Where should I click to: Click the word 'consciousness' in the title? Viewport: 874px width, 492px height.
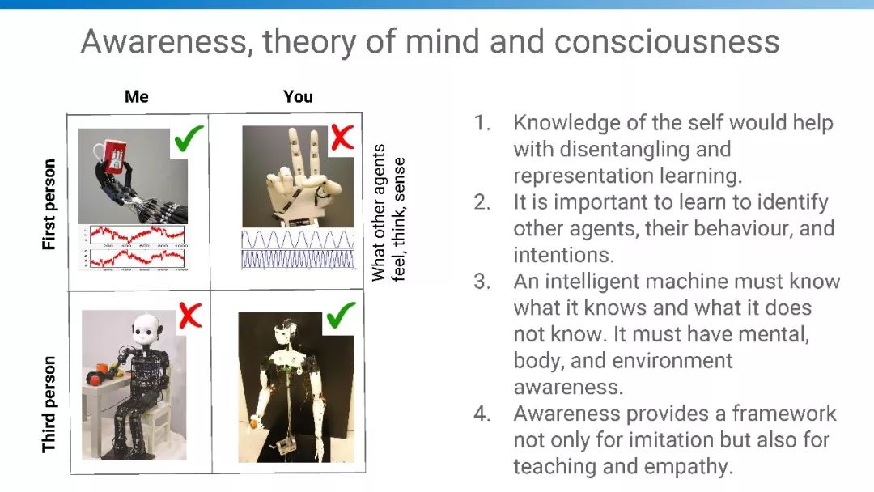click(667, 41)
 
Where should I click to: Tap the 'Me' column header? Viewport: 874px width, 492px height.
click(137, 96)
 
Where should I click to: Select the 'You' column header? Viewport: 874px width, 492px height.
click(298, 96)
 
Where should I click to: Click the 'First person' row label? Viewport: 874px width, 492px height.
click(49, 204)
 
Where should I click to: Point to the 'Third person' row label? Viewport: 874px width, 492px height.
click(49, 405)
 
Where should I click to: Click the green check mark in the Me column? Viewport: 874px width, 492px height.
click(189, 138)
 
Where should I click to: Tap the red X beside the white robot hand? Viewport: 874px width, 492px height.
click(342, 137)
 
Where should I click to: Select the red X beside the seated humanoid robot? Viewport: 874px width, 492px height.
click(190, 316)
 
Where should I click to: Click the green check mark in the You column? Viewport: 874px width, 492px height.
click(341, 316)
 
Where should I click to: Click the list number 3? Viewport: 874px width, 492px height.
click(482, 282)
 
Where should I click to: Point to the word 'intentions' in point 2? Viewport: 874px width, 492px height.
click(563, 255)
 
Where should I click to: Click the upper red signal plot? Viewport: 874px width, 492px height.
click(137, 235)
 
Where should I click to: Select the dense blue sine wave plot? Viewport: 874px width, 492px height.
click(298, 259)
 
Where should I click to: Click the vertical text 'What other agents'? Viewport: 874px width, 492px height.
click(379, 212)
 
